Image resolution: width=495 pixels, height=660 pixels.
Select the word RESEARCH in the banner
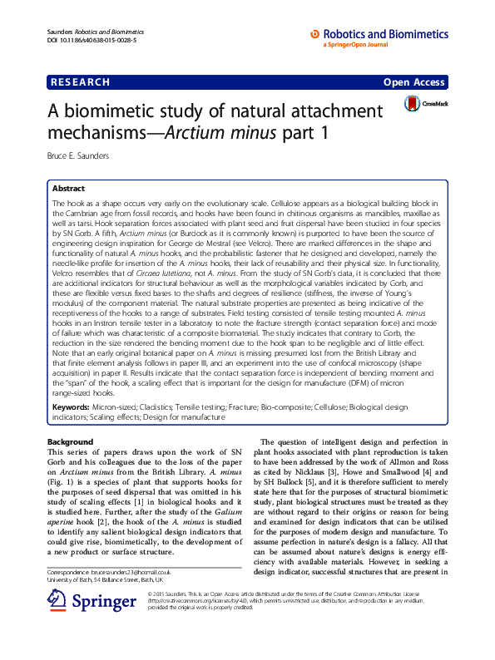pos(81,82)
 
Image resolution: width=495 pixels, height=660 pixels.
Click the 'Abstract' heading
pos(68,189)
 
